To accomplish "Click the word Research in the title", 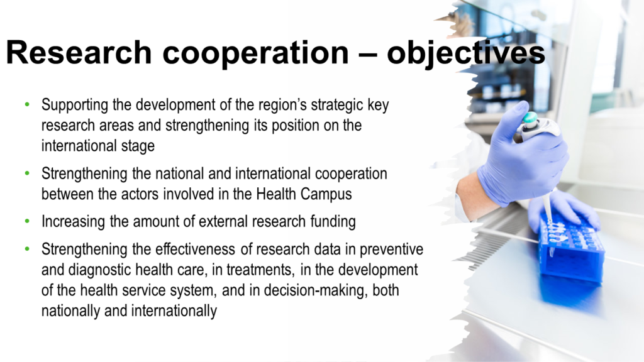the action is tap(79, 53).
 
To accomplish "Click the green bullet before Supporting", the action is tap(27, 104).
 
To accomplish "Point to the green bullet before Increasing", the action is tap(27, 221).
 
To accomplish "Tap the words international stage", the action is tap(97, 146).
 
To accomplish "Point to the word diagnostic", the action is tap(100, 270).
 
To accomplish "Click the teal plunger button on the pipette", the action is tap(530, 118).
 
